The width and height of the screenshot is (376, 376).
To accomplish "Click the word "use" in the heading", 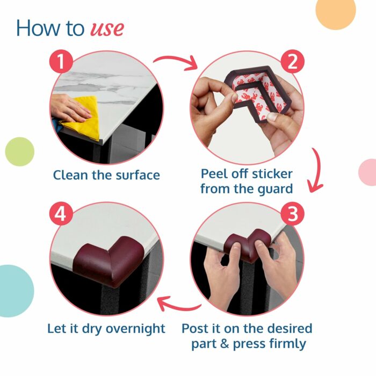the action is (107, 29).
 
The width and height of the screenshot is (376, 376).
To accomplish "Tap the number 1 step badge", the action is (61, 61).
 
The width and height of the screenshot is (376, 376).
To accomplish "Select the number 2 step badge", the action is (292, 61).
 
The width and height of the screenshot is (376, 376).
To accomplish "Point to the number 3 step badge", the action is (292, 213).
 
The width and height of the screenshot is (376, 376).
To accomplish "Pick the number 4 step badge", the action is (61, 213).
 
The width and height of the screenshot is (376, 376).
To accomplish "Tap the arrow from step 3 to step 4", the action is (179, 306).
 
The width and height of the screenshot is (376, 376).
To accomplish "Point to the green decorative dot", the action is (20, 151).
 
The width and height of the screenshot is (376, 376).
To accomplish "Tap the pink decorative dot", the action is (368, 172).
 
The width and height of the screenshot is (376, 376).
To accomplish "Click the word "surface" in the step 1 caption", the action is (138, 175).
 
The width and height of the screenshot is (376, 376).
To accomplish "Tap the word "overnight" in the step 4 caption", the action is (135, 329).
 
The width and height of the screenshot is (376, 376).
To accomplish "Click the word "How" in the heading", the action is (39, 28).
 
